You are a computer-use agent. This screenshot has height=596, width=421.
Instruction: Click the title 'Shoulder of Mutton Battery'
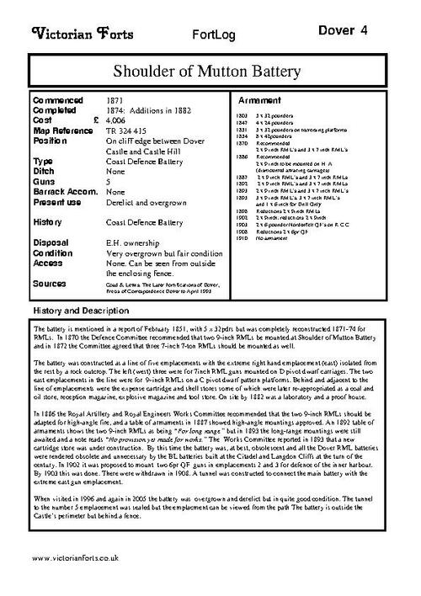click(210, 69)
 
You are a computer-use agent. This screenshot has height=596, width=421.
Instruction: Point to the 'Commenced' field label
click(59, 101)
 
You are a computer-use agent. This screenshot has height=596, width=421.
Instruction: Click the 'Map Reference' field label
click(67, 130)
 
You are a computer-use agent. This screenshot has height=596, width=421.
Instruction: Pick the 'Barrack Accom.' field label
click(63, 191)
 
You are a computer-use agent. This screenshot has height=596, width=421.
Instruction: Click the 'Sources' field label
click(50, 283)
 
